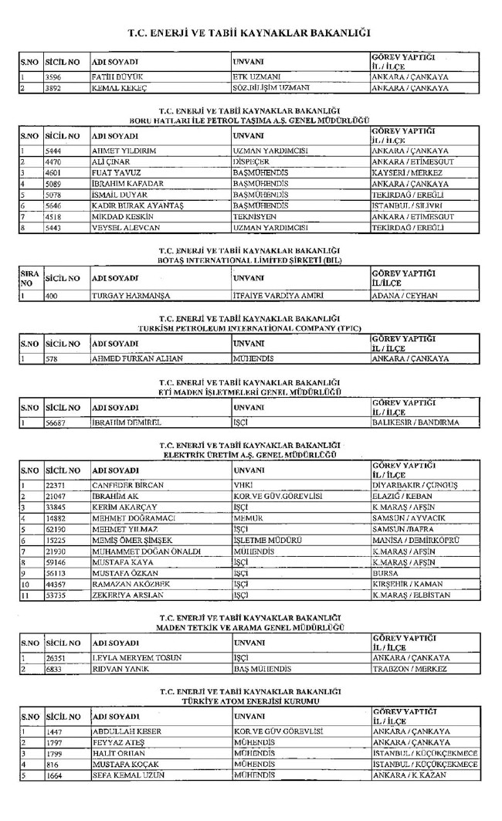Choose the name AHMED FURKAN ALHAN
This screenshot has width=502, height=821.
coord(131,358)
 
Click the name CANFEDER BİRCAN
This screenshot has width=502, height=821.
coord(124,485)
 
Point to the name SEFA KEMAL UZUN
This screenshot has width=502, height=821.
coord(126,775)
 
